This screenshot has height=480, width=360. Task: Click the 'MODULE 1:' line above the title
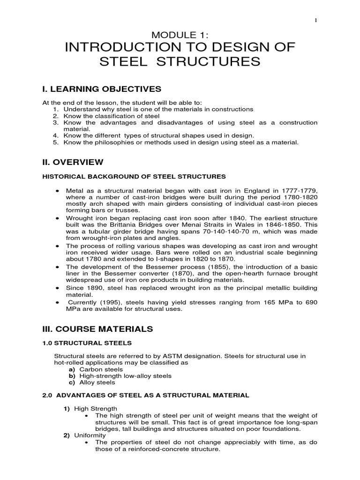tap(180, 35)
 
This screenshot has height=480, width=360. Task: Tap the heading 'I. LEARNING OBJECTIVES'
tap(102, 89)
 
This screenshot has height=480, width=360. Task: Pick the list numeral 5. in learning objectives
tap(55, 142)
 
